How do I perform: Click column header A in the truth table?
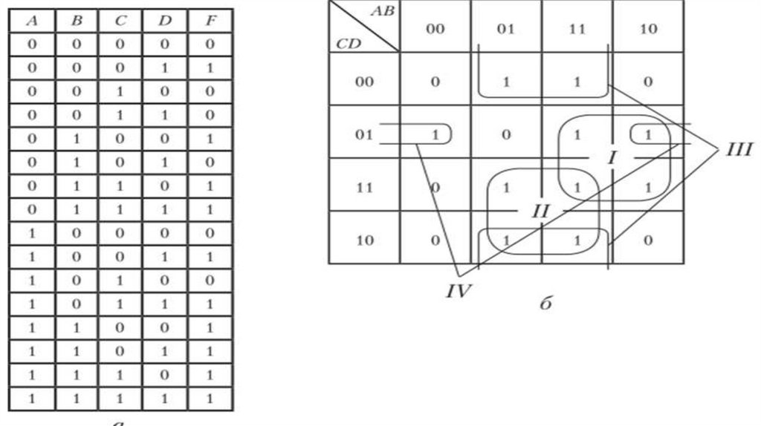pos(31,21)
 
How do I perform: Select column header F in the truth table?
pos(210,21)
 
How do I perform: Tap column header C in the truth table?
pos(121,21)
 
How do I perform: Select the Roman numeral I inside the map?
pos(611,157)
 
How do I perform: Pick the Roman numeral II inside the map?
pos(541,211)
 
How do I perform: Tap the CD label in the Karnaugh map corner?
pos(347,43)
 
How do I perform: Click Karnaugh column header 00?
pos(435,30)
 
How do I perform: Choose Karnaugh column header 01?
pos(506,30)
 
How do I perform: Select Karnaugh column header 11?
pos(577,30)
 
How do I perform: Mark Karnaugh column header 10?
pos(647,30)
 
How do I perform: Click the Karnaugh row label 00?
pos(364,82)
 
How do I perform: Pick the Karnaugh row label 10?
pos(364,240)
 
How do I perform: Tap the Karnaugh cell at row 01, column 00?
pos(435,134)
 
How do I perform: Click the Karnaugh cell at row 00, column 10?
pos(647,82)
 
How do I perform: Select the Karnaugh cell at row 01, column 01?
pos(506,134)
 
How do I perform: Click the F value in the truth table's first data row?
pos(210,45)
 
